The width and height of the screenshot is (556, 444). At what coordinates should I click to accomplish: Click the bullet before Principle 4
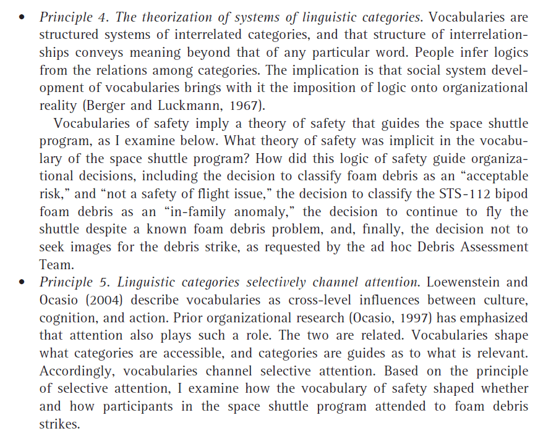[x=22, y=18]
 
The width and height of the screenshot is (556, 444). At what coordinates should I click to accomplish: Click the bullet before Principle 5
[x=22, y=283]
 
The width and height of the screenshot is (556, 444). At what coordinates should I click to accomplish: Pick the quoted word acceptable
[x=493, y=177]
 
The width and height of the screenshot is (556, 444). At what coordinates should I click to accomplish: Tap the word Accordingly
[x=77, y=371]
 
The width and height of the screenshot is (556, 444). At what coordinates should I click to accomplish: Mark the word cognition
[x=67, y=318]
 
